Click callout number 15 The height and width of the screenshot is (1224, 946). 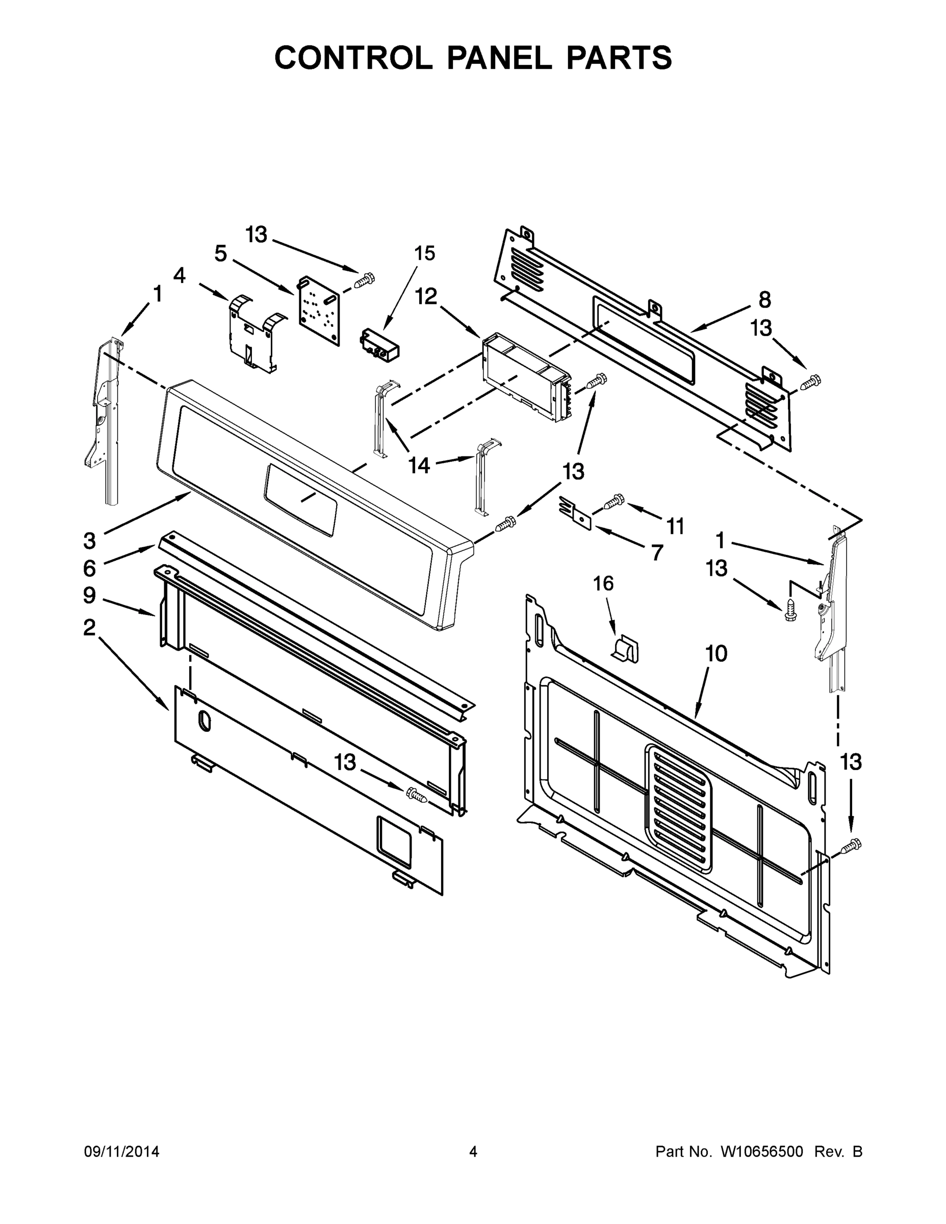click(425, 253)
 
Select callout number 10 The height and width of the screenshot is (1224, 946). click(716, 653)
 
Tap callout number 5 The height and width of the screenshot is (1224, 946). click(221, 253)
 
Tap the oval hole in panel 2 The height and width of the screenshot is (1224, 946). click(204, 721)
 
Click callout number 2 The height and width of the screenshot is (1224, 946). click(90, 628)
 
